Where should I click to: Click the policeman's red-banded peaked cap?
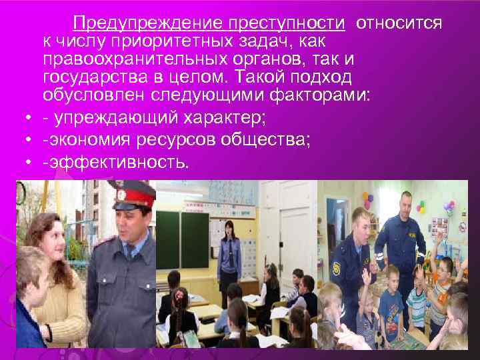tap(134, 195)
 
